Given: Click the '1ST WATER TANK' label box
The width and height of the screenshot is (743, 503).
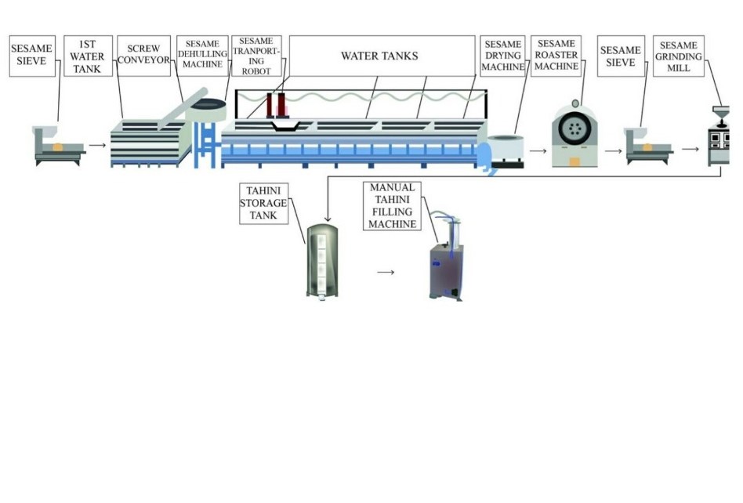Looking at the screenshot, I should point(88,56).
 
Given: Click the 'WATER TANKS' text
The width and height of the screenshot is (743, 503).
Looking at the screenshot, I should point(379,56).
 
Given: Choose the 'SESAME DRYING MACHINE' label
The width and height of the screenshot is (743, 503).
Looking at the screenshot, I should point(502,56).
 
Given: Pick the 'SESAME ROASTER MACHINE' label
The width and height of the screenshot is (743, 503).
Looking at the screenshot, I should point(556,56).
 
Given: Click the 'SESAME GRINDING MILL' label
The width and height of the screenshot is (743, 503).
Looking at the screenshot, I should point(679,56).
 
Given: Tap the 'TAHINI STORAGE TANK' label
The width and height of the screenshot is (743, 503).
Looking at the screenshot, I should point(263,203).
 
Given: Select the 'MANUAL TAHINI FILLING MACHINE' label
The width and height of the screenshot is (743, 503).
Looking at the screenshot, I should point(393,206).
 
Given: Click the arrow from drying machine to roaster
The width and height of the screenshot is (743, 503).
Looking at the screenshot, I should point(538,147).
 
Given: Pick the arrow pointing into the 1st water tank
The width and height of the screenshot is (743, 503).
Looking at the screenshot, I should point(97,145).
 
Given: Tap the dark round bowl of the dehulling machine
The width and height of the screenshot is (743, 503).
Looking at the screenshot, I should point(210,104).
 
